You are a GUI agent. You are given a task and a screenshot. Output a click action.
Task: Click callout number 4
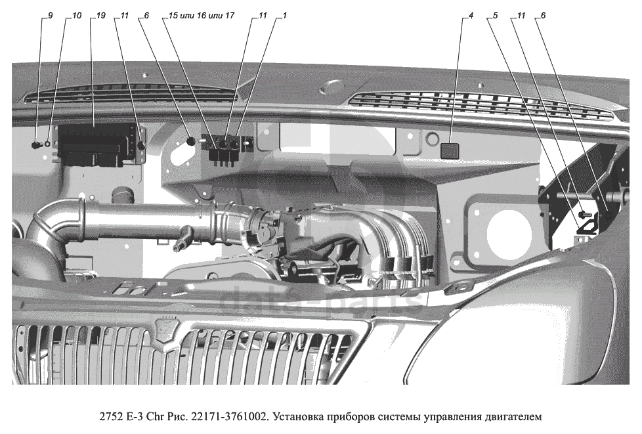[x=471, y=15]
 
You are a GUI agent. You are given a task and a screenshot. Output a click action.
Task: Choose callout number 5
[x=496, y=15]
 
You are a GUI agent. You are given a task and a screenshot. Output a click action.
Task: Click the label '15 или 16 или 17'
[x=202, y=15]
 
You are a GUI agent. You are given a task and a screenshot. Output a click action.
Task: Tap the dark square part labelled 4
[x=450, y=150]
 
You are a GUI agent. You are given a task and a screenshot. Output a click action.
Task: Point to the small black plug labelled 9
[x=37, y=144]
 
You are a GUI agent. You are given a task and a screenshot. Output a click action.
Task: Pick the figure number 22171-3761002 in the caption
[x=228, y=416]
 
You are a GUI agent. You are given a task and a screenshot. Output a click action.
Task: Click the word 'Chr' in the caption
[x=154, y=416]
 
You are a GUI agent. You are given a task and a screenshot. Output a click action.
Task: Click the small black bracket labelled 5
[x=587, y=226]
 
